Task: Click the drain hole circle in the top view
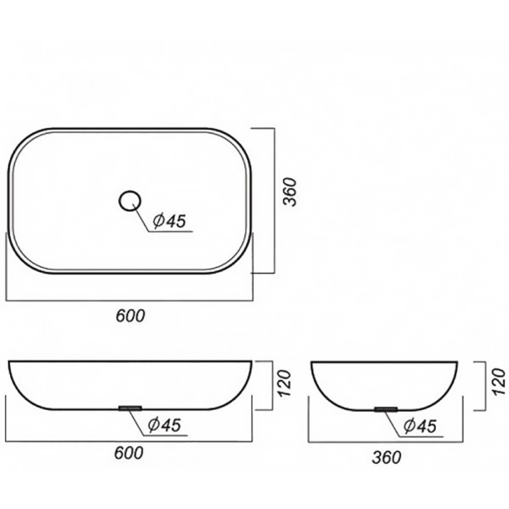[130, 192]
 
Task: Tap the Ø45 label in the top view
[169, 221]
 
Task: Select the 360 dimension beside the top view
[290, 192]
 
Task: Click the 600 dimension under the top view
[130, 316]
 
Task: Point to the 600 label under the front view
[129, 453]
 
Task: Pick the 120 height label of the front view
[284, 383]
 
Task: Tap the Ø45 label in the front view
[164, 424]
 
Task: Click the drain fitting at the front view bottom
[130, 408]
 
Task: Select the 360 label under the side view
[387, 457]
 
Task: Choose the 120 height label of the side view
[499, 382]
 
